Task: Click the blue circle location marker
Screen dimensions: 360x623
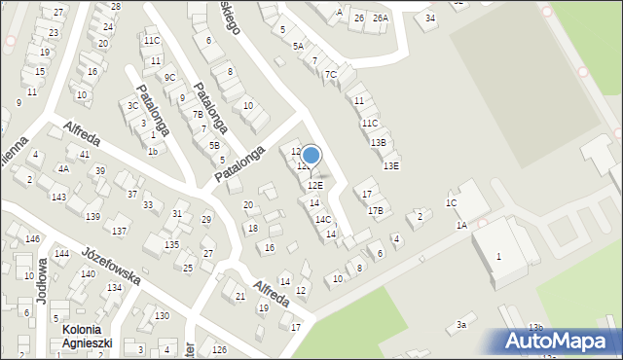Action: pos(311,155)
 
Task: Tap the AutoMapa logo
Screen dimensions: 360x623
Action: pos(560,342)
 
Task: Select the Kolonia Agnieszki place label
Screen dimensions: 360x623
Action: pos(89,336)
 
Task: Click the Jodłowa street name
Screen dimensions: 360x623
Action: pos(42,283)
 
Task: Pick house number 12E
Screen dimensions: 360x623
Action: pos(315,185)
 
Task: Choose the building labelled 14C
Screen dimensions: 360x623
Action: pos(323,219)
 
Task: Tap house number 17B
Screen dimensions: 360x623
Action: pos(375,210)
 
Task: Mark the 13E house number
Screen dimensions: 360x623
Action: pos(390,165)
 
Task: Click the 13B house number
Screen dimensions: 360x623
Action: pos(379,143)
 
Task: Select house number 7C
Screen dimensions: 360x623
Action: pos(331,75)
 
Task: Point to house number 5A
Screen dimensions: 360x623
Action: pos(299,46)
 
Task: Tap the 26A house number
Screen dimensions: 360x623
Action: pos(380,18)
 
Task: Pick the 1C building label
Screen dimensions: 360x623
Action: pos(451,202)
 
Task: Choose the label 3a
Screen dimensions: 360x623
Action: pos(463,325)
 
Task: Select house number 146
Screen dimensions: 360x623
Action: pos(32,238)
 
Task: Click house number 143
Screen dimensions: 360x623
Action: pos(59,198)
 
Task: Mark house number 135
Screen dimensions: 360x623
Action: pos(171,244)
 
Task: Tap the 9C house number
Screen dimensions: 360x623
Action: pos(169,78)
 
